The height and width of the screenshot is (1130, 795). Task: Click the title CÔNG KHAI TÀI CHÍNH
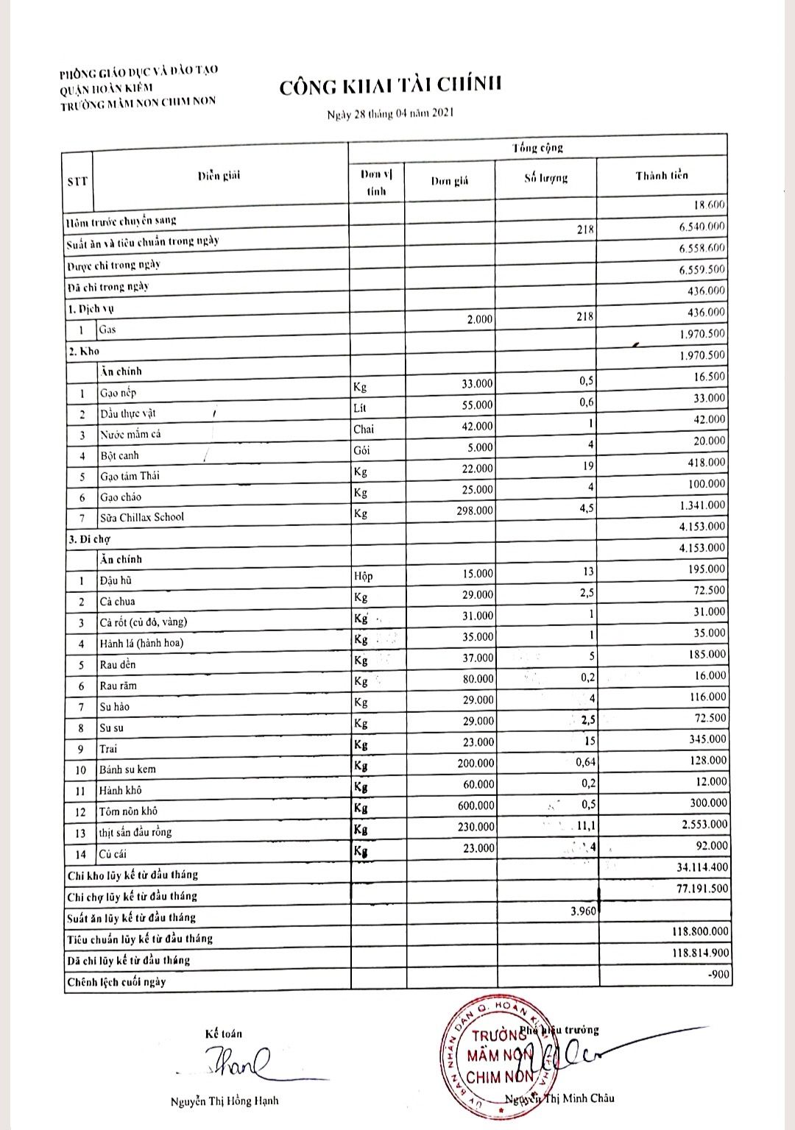(390, 85)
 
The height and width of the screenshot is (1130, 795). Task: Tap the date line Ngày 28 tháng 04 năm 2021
(390, 114)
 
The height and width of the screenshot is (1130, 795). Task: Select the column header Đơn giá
(449, 181)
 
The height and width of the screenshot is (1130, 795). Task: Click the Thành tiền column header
(661, 176)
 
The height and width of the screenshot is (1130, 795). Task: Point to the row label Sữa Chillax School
(142, 517)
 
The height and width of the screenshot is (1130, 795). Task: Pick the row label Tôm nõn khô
(129, 811)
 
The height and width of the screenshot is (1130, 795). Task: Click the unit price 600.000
(476, 806)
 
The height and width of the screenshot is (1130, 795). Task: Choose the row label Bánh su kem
(127, 770)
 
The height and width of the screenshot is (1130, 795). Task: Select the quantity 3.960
(583, 912)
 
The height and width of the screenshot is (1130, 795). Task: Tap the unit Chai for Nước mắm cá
(364, 429)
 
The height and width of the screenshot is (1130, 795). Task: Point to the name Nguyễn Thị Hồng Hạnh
(225, 1101)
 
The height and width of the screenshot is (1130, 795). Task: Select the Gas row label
(107, 330)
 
